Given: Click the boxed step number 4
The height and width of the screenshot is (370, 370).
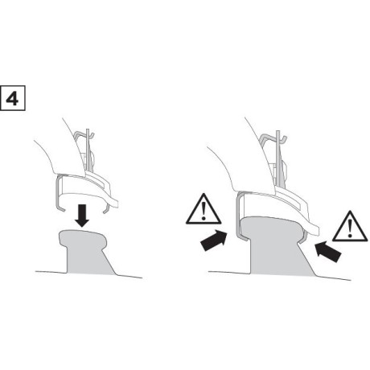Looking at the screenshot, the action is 13,98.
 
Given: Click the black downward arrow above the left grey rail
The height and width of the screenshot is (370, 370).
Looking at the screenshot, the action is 82,216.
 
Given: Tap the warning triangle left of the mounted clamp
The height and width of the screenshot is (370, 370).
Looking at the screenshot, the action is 203,210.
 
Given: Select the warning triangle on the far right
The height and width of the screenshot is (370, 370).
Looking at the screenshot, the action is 350,227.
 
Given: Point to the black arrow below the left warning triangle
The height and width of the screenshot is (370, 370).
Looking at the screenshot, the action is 214,240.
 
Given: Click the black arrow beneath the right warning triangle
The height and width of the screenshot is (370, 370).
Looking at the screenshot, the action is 327,251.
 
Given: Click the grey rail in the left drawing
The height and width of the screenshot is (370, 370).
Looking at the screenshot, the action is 85,252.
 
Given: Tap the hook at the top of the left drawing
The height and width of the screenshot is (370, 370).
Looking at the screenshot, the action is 84,134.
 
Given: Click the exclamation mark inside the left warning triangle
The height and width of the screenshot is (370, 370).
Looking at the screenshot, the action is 203,211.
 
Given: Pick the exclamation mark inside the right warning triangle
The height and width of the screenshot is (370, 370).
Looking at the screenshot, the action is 350,228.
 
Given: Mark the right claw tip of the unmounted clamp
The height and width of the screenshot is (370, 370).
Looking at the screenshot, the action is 105,212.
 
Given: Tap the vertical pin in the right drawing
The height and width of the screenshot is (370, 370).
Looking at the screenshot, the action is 278,158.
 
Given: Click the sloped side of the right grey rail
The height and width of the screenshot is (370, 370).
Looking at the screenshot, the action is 307,259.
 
